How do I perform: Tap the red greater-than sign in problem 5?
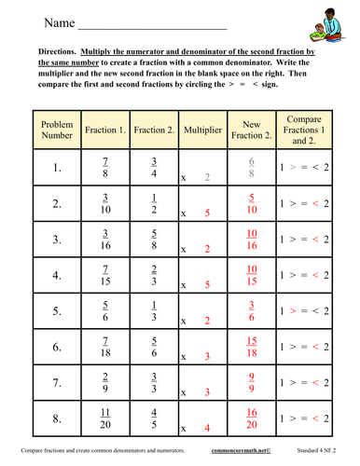(x=295, y=310)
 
